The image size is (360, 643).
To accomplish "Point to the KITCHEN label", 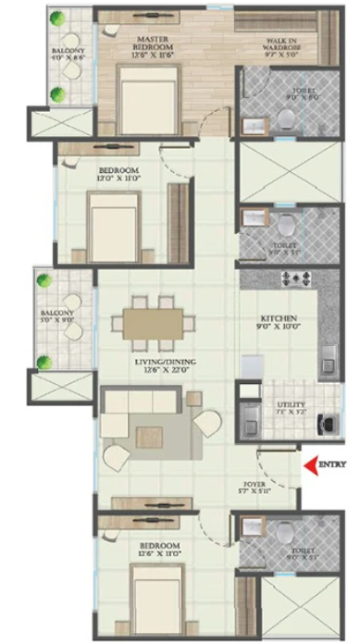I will [278, 316].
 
